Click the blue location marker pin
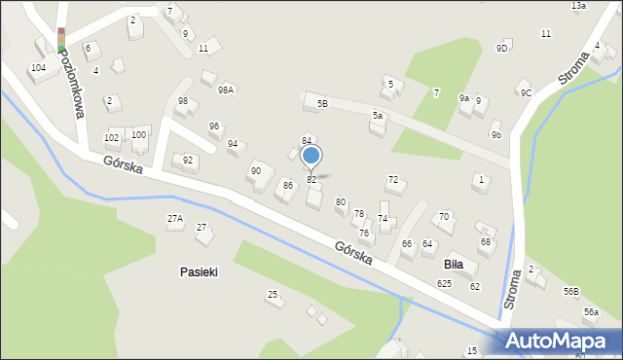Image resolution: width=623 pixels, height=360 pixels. tap(311, 156)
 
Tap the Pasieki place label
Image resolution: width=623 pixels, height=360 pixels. tap(199, 272)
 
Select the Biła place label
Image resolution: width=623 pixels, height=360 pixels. tap(453, 264)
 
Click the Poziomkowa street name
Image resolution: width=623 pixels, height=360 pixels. tap(71, 84)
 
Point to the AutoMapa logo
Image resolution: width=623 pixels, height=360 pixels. tap(558, 342)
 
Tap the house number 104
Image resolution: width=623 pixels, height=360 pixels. tap(38, 68)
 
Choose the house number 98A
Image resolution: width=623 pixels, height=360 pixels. tap(226, 90)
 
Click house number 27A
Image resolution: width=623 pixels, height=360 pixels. tap(175, 219)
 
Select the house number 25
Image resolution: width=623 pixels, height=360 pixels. tap(273, 294)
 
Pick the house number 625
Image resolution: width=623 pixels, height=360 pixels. tap(444, 284)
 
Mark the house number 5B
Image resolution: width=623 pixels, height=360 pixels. tap(322, 103)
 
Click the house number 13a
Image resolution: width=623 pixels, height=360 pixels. tap(578, 6)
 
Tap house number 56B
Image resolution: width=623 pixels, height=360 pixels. tap(570, 291)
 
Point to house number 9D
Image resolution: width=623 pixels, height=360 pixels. tap(502, 48)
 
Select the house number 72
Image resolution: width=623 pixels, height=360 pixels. tap(393, 180)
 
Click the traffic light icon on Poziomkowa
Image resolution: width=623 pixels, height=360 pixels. tap(60, 39)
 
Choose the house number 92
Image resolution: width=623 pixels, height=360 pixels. tap(188, 161)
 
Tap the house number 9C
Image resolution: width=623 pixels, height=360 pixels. tap(526, 93)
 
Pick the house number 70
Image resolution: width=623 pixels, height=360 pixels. tap(444, 216)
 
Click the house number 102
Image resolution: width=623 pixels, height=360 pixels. tap(112, 138)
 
